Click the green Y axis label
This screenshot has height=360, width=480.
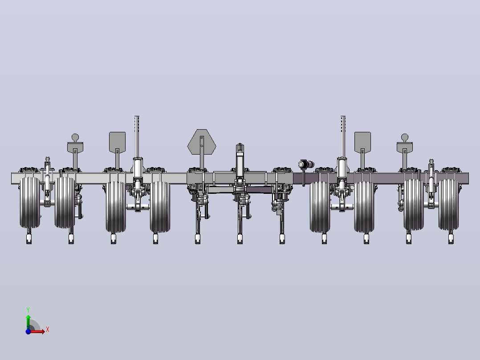tap(28, 310)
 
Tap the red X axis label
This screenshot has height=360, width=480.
tap(48, 330)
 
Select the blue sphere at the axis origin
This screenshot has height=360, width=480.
tap(28, 331)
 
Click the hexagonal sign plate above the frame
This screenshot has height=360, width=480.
tap(202, 142)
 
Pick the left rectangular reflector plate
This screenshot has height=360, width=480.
tap(117, 142)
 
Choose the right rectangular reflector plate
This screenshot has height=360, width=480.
tap(362, 142)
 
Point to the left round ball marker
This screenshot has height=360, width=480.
tap(75, 137)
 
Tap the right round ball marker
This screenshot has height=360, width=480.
tap(405, 137)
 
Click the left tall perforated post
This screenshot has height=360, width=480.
tap(137, 137)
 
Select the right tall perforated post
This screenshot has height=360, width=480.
tap(343, 137)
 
